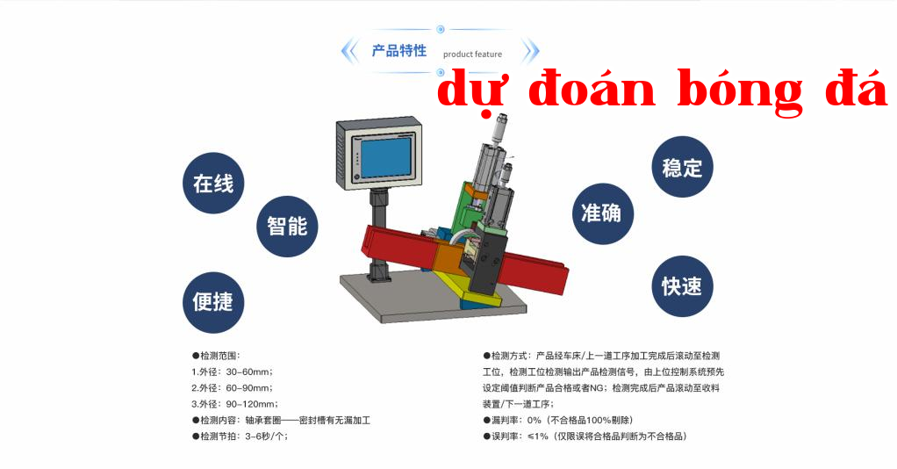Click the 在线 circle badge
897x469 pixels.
point(213,184)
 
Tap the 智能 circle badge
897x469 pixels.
point(287,227)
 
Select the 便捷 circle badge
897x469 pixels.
point(213,302)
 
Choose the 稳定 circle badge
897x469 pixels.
point(683,167)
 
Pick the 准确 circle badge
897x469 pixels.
point(603,213)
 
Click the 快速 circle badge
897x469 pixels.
point(683,286)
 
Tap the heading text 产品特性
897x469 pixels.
point(399,51)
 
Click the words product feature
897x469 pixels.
point(472,54)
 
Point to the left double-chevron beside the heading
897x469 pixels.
point(349,51)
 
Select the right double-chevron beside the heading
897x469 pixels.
point(531,51)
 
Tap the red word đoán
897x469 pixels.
point(592,90)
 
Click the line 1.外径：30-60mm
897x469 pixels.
point(233,372)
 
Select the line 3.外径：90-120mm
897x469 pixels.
point(234,404)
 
